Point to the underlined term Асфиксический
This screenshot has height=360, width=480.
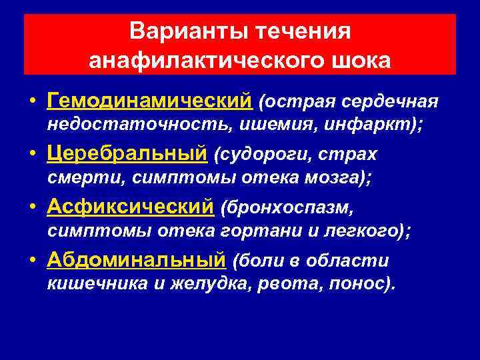pyautogui.click(x=131, y=207)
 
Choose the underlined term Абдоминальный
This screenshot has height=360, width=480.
pyautogui.click(x=137, y=261)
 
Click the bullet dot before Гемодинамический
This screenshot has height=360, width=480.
pyautogui.click(x=33, y=102)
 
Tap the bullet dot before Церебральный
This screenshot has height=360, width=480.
pyautogui.click(x=33, y=155)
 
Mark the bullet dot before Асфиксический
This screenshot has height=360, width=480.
pyautogui.click(x=33, y=209)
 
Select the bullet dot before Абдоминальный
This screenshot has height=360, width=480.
pyautogui.click(x=33, y=262)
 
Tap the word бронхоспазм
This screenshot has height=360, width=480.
pyautogui.click(x=289, y=209)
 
